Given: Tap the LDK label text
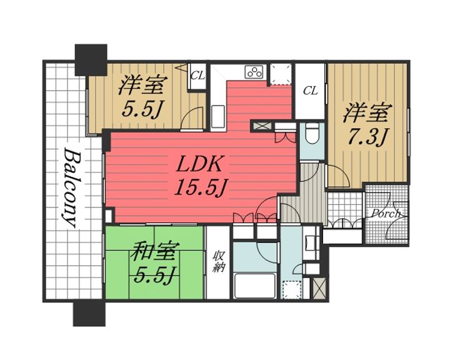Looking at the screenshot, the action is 199,164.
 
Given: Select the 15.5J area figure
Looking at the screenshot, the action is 201,186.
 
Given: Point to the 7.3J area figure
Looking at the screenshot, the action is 367,136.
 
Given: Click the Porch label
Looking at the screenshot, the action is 386,213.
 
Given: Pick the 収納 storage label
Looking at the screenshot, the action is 219,261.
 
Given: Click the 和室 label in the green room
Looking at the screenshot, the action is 154,251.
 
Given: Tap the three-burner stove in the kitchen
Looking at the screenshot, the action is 254,72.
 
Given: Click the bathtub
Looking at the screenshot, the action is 255,286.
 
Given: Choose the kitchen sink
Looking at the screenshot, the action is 218,117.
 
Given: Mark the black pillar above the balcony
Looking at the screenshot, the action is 91,60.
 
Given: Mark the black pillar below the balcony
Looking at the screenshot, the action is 89,314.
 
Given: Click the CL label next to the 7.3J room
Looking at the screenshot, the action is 311,91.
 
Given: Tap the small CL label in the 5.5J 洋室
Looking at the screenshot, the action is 197,76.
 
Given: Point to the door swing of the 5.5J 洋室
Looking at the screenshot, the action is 193,117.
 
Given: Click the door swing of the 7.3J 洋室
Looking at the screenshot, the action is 338,176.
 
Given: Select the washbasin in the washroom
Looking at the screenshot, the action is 311,240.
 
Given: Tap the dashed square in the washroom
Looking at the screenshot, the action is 292,289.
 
